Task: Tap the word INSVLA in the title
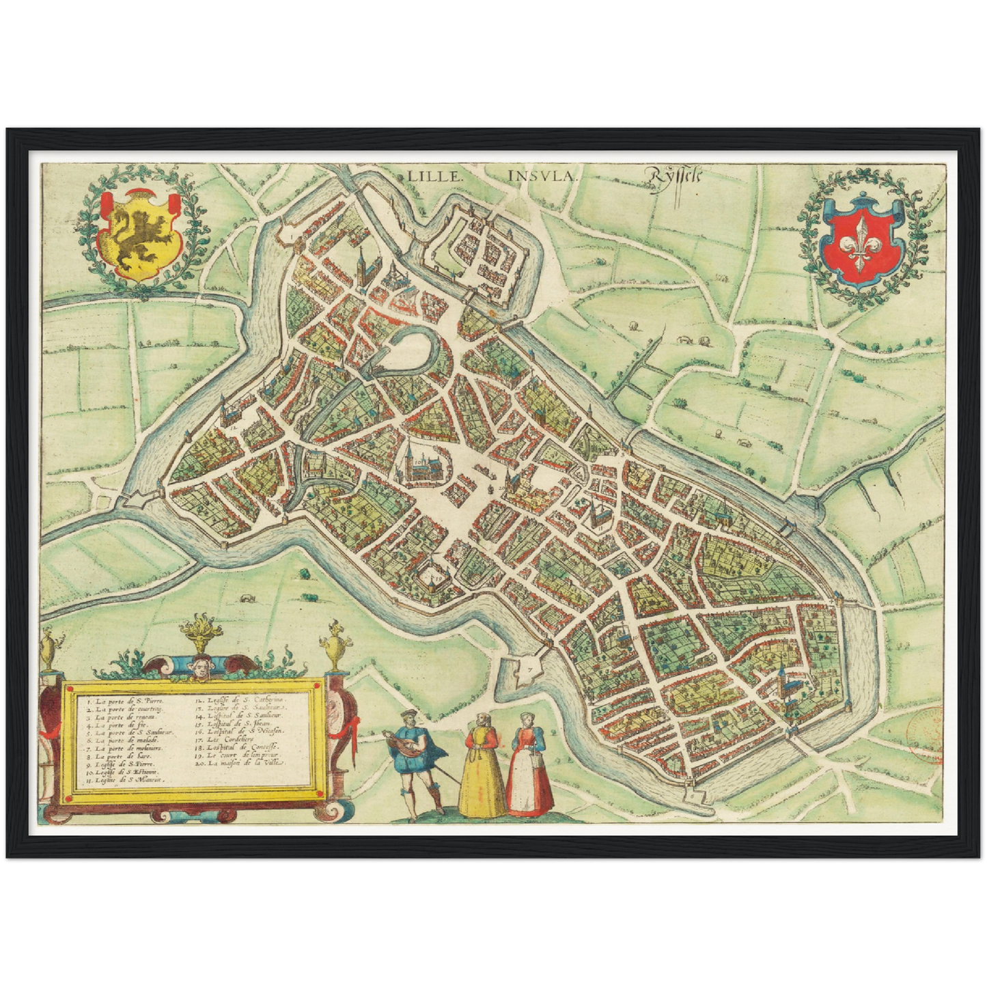[x=542, y=175]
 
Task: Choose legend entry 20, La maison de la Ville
[x=239, y=764]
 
